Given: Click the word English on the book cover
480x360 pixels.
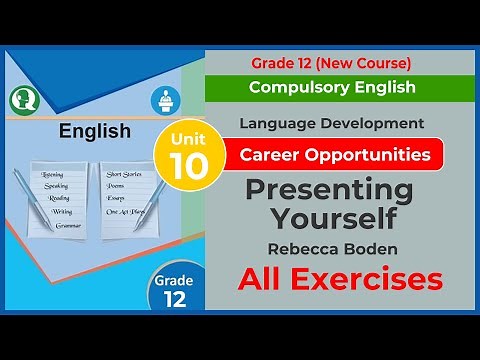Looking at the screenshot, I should point(95,131).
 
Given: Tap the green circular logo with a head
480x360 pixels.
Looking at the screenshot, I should point(22,98).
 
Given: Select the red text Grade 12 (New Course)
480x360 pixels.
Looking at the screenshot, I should point(332,64).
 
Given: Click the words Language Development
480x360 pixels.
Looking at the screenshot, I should point(332,124).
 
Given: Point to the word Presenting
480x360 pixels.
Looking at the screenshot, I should point(330,190).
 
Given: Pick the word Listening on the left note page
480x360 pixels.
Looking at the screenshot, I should point(53,174).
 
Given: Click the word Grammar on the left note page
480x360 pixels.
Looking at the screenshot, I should point(69,227).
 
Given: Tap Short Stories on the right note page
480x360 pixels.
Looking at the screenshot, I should point(125,174).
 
